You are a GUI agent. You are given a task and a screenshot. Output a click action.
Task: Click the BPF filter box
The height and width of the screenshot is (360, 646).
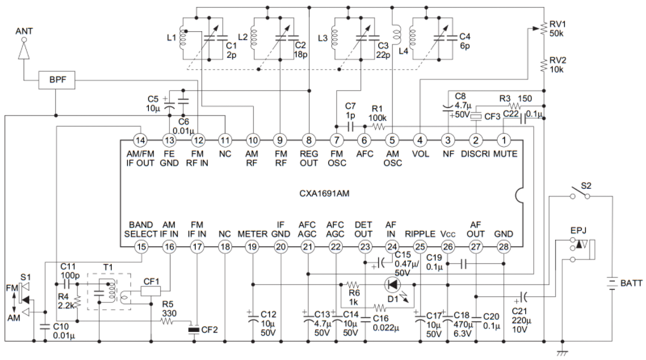point(57,80)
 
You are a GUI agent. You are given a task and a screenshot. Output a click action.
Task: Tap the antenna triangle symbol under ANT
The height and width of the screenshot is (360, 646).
point(24,51)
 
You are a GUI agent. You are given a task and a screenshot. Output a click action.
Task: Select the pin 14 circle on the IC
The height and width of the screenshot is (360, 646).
point(141,140)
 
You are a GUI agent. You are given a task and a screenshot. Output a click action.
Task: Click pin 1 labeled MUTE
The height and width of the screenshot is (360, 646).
point(504,140)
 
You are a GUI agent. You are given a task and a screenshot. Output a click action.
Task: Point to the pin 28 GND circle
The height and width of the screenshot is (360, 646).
point(504,247)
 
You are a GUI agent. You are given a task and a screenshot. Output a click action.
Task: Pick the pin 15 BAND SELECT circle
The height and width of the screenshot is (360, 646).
point(141,247)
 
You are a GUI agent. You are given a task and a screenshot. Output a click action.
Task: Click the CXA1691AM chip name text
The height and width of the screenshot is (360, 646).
point(324,193)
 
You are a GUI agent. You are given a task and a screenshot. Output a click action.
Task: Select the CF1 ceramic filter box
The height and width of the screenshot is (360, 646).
point(151,291)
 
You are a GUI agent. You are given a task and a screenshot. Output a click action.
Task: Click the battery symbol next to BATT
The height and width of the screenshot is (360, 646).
point(612,283)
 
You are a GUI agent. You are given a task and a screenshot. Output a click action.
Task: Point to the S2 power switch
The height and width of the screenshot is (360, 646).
point(580,194)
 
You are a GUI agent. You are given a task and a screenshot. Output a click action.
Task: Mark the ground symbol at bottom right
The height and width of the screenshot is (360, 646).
point(562,352)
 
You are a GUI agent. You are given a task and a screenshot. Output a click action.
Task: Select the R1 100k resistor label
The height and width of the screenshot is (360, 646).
point(378,113)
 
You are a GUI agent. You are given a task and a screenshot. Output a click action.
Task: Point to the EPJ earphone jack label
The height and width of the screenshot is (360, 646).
point(579,230)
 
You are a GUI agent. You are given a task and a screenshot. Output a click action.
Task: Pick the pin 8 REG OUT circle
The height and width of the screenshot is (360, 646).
point(308,140)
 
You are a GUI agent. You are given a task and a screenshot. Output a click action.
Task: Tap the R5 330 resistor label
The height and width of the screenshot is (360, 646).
point(168,308)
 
